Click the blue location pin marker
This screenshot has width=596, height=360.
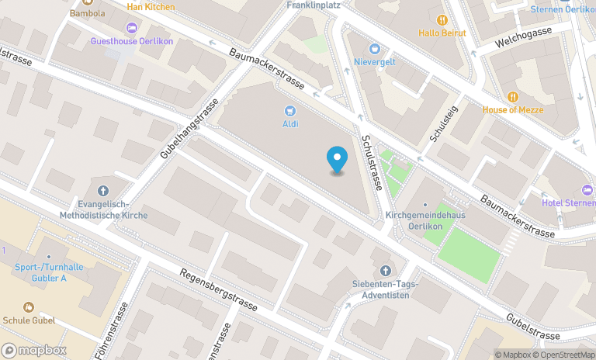tap(337, 160)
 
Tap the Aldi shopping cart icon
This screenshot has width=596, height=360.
tap(290, 111)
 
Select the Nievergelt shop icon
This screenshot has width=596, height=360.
tap(375, 48)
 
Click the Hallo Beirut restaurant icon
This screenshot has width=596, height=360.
tap(442, 19)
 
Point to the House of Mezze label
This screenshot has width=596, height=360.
tap(512, 109)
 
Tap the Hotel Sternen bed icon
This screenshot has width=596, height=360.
tap(587, 190)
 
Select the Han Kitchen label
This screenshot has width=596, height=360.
tap(151, 7)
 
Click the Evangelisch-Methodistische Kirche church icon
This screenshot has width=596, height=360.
tap(103, 191)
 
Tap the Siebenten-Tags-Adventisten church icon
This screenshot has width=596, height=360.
tap(386, 270)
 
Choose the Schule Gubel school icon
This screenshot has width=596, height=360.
tap(29, 307)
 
